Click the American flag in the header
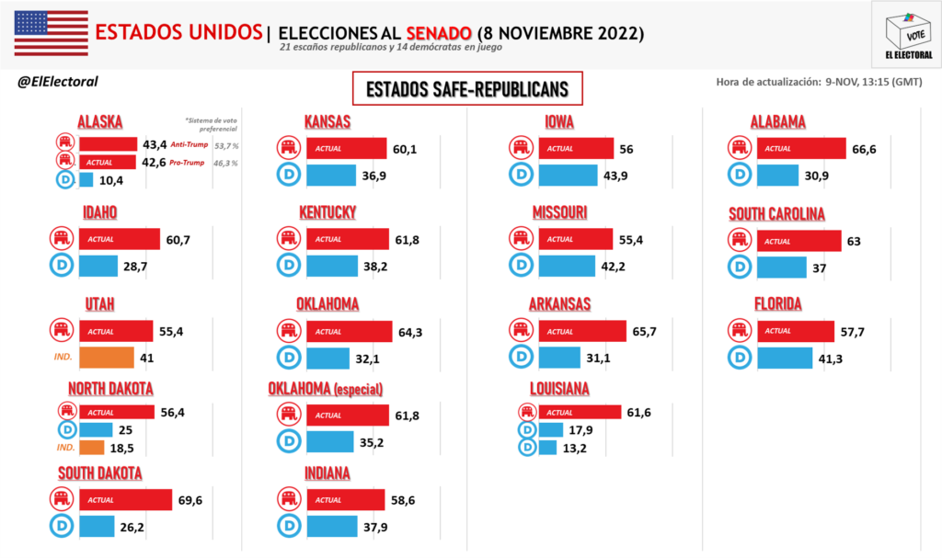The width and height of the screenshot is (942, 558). point(51,34)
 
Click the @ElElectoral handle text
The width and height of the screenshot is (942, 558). point(58,82)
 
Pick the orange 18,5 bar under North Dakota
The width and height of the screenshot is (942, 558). point(91,448)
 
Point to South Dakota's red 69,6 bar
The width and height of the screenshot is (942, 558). point(125,499)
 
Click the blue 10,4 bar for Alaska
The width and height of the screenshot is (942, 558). point(86,180)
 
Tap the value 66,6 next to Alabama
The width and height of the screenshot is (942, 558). point(866,148)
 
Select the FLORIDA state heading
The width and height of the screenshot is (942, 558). point(776,303)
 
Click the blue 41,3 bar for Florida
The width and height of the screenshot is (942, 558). point(785,357)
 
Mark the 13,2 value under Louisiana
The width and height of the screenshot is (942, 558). point(574,449)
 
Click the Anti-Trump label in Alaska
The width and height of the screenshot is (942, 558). point(188,144)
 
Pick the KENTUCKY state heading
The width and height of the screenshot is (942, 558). point(327,212)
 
